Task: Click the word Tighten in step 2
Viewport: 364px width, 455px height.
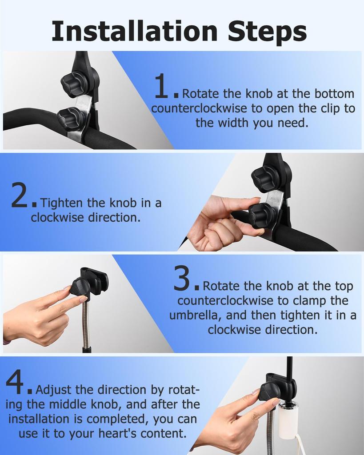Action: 61,203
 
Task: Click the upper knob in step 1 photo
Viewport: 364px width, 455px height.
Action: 74,83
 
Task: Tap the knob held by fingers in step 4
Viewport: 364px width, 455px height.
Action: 269,391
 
